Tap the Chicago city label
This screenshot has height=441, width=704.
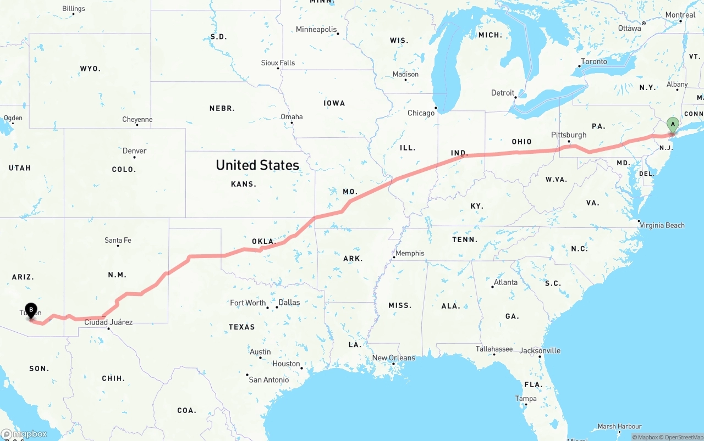click(x=421, y=113)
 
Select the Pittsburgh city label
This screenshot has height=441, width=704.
click(x=569, y=135)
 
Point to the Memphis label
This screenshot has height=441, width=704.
click(x=410, y=253)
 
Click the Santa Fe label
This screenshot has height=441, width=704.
click(x=118, y=241)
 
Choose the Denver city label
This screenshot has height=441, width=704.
click(x=134, y=151)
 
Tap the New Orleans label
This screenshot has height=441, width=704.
click(x=394, y=358)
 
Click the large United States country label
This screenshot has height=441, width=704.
click(x=257, y=165)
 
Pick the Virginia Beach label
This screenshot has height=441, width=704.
click(x=662, y=225)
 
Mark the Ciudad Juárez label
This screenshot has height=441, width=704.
click(x=108, y=322)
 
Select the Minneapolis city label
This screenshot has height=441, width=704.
click(x=316, y=30)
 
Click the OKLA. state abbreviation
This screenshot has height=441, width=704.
click(x=263, y=242)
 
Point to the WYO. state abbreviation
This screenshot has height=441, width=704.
click(x=90, y=69)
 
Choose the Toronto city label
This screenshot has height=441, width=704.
click(x=594, y=62)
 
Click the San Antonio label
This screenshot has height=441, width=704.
click(x=268, y=380)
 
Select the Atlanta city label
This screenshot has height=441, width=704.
click(x=505, y=282)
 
